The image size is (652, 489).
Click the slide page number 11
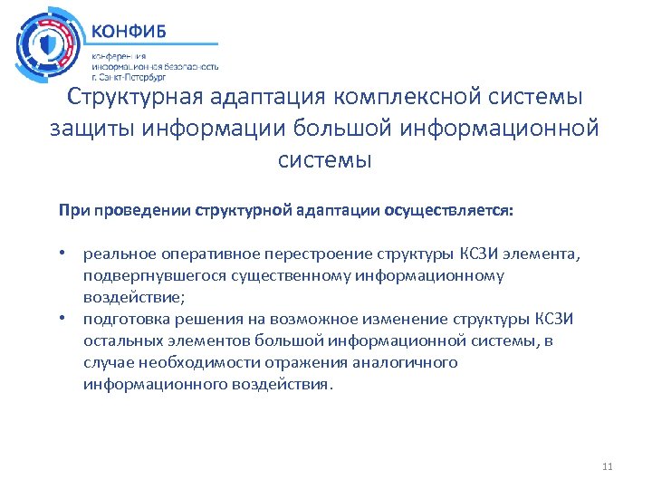[x=607, y=466]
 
